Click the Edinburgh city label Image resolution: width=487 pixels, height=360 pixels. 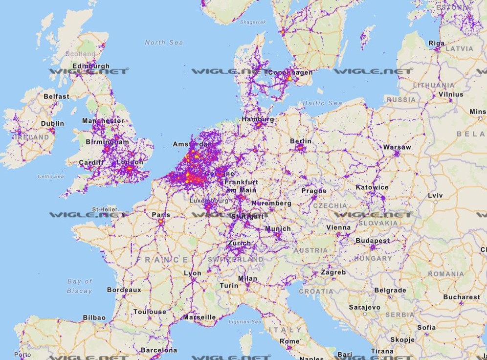click(91, 66)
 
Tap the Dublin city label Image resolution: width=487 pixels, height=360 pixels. click(52, 124)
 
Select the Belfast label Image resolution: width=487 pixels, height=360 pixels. click(56, 96)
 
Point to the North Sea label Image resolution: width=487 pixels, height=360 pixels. click(164, 43)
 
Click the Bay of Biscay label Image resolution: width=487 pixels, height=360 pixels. click(80, 286)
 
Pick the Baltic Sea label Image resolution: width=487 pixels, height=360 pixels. click(322, 103)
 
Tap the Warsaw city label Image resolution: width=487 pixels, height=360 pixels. click(397, 147)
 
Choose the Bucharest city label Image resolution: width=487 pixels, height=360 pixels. click(462, 297)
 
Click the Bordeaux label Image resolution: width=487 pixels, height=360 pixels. click(124, 290)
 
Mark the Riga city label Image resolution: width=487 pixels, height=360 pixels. click(437, 43)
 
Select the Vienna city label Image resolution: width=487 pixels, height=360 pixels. click(338, 227)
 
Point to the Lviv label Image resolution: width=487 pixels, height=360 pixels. click(435, 196)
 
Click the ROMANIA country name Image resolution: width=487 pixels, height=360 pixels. click(445, 274)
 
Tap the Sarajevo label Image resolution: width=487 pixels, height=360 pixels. click(364, 307)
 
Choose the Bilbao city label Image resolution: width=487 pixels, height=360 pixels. click(94, 317)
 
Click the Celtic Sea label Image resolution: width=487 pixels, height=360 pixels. click(51, 176)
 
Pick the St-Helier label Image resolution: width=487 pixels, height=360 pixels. click(104, 209)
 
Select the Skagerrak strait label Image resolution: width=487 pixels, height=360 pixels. click(253, 22)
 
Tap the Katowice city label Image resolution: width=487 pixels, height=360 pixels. click(372, 187)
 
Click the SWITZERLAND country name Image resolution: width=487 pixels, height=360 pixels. click(236, 259)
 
